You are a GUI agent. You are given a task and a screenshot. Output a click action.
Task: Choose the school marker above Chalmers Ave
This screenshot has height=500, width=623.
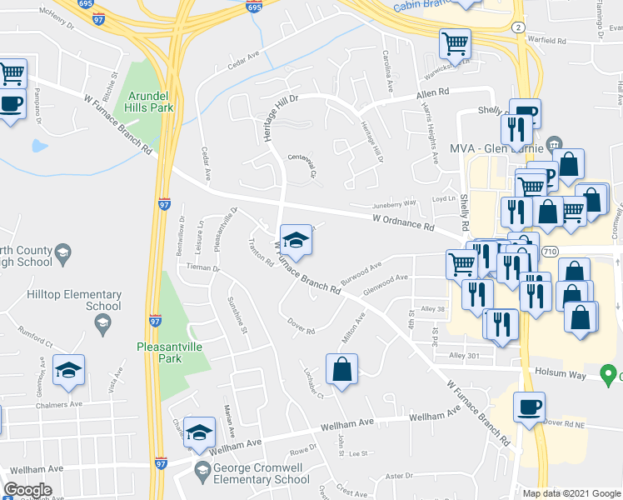(69, 371)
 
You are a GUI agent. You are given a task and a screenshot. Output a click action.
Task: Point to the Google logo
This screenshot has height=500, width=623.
(28, 490)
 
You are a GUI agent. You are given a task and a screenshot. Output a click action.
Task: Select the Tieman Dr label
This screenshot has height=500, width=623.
(203, 268)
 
